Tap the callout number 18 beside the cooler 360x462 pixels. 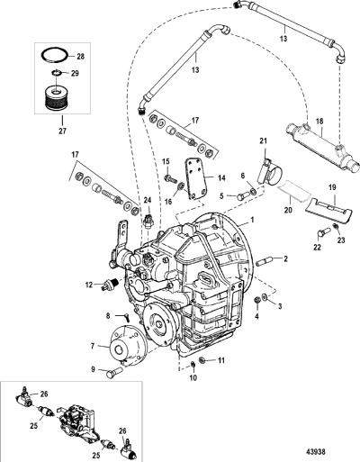coord(319,122)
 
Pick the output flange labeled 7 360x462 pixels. coord(129,345)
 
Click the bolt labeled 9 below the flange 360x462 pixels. coord(114,373)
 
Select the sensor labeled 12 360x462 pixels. coord(111,285)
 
